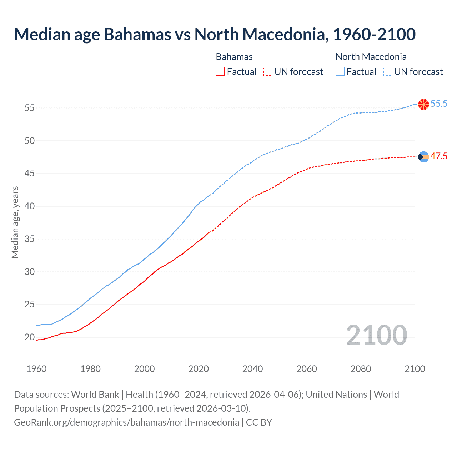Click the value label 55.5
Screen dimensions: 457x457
[439, 104]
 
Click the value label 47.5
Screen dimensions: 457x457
[439, 156]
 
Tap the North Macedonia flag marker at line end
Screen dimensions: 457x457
[423, 104]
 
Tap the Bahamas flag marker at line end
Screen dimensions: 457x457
[423, 157]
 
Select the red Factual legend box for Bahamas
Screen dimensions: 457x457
[220, 72]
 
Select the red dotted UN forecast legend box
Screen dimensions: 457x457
[268, 72]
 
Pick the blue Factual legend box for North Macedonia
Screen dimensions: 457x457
[340, 72]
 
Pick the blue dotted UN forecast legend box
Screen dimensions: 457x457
[388, 72]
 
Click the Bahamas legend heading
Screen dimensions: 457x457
[234, 57]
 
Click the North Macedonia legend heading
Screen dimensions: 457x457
[371, 57]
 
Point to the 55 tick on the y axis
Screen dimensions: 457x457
[30, 108]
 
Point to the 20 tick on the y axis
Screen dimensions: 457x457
[30, 337]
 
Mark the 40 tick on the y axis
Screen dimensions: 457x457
[30, 206]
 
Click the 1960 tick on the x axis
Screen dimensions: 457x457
[36, 369]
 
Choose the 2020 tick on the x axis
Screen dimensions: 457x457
[199, 369]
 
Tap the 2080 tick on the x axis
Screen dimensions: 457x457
[361, 369]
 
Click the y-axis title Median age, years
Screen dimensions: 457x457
[15, 222]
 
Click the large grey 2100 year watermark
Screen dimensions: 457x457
[376, 335]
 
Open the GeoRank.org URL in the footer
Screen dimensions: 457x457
[126, 422]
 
